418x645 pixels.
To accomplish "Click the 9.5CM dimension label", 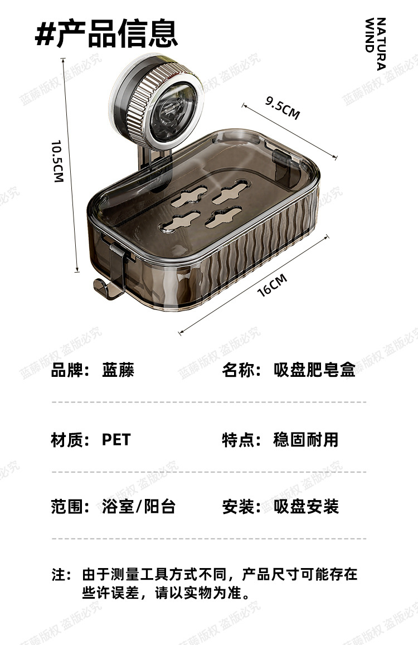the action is pos(283,108).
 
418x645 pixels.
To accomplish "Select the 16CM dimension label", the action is pos(272,285).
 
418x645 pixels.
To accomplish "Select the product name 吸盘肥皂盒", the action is pos(314,370).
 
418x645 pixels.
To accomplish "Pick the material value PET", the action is pos(115,440).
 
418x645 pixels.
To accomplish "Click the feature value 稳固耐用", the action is pos(305,440).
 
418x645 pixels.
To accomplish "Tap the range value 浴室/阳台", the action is pos(139,507).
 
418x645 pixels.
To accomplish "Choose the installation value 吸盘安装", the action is pos(305,507).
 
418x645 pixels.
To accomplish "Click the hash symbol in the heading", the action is pos(44,35).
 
